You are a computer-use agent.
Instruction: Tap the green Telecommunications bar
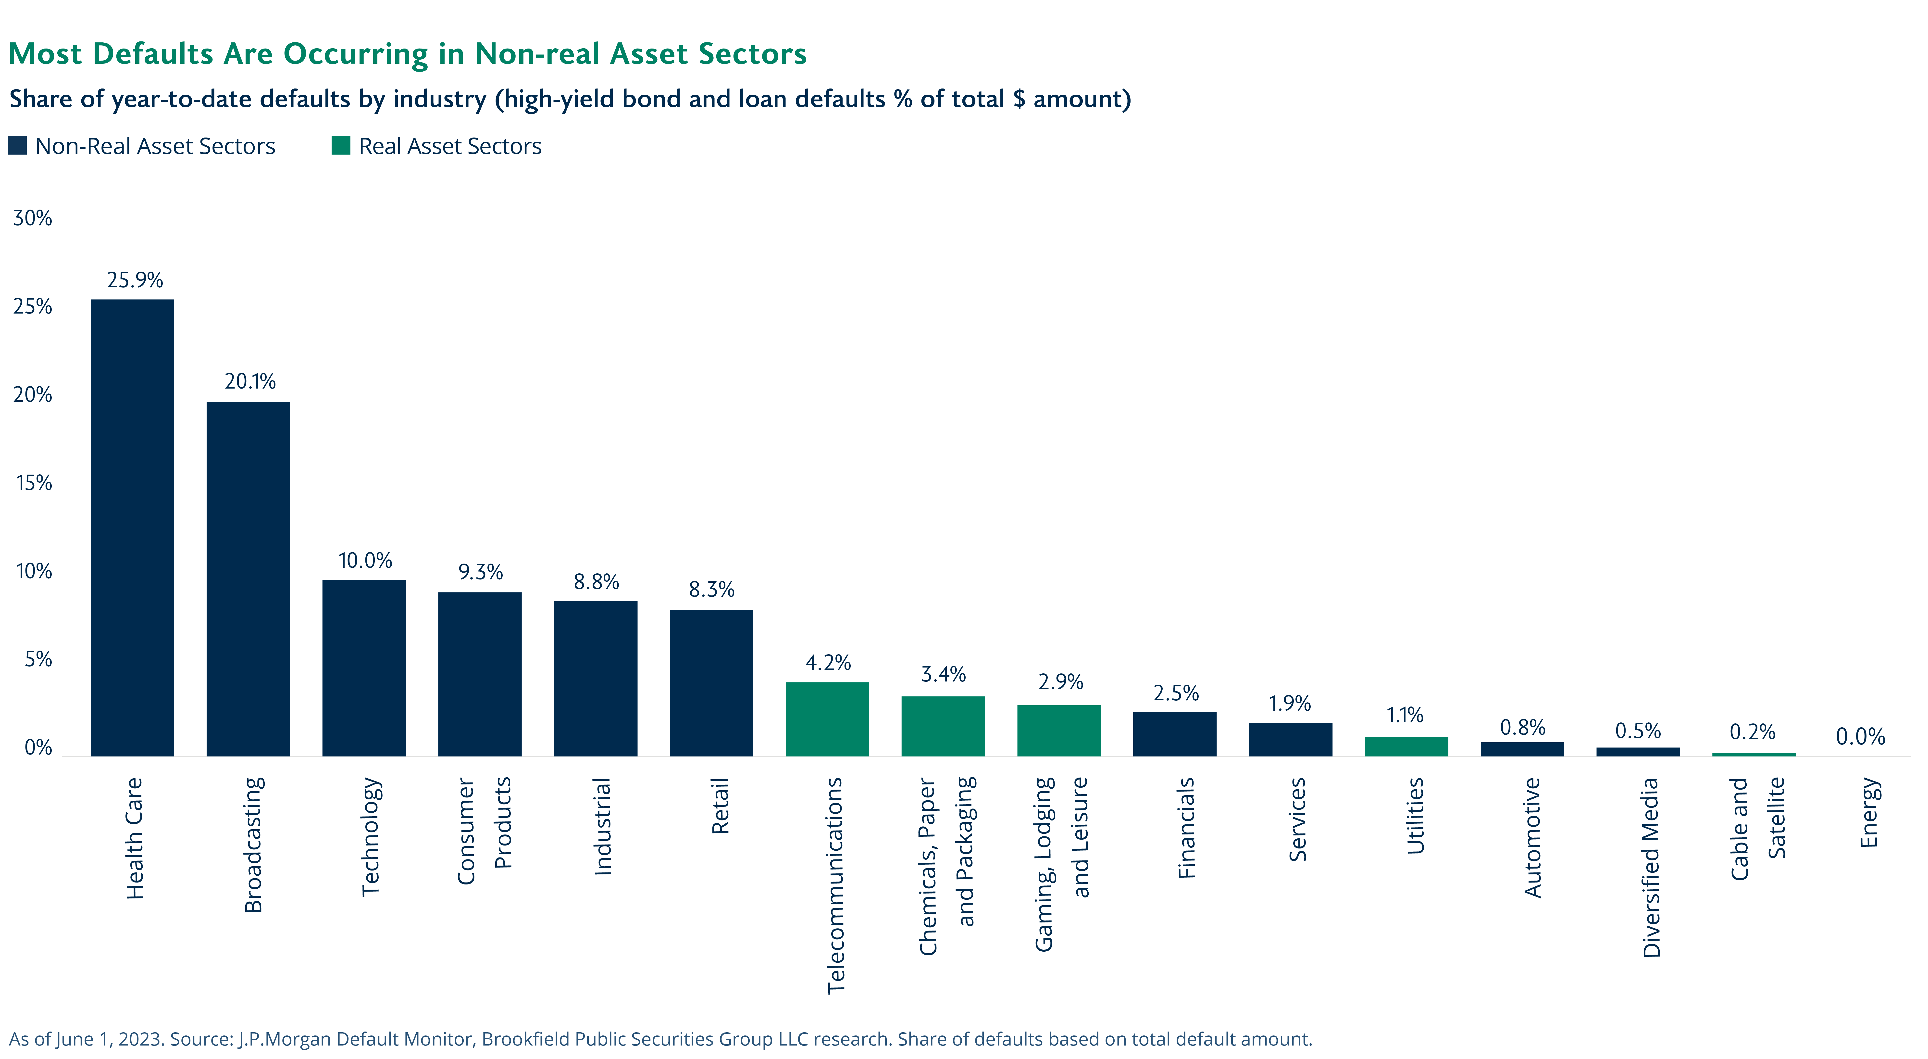(827, 719)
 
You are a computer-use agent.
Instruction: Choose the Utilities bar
(1406, 746)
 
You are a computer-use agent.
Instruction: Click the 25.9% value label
(135, 280)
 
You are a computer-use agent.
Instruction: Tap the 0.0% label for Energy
(1860, 736)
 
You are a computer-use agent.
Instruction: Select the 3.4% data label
(943, 674)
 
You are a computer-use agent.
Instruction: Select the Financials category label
(1186, 827)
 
